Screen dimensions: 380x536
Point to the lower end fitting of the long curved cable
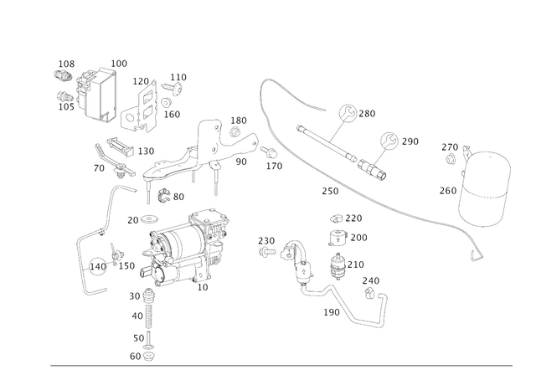coord(478,248)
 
